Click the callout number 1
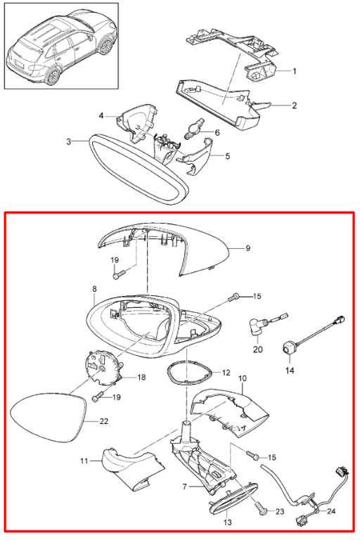(x=294, y=71)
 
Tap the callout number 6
(x=217, y=133)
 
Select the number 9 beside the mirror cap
(x=248, y=248)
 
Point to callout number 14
(x=290, y=371)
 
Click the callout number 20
(x=257, y=349)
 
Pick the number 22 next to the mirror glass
(x=103, y=421)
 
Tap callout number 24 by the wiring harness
(x=330, y=511)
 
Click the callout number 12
(x=226, y=373)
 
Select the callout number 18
(x=141, y=378)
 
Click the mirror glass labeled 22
(x=49, y=418)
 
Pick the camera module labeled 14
(x=288, y=348)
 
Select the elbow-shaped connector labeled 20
(x=255, y=327)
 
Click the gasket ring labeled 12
(x=189, y=373)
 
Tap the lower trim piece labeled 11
(x=132, y=468)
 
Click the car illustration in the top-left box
(x=61, y=46)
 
